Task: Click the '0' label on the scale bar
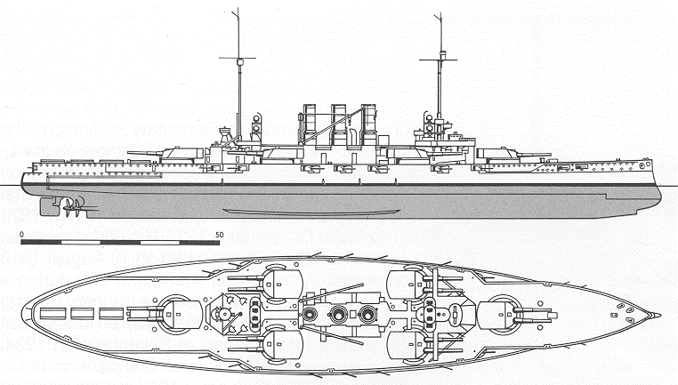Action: coord(22,235)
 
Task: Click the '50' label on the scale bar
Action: coord(220,235)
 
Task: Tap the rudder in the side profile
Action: coord(46,206)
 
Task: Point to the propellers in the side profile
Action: coord(74,208)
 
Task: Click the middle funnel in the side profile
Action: coord(339,124)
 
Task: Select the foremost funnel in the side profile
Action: coord(368,124)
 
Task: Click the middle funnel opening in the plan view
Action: coord(338,314)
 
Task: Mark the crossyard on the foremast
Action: coord(438,60)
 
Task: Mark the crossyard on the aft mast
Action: coord(237,58)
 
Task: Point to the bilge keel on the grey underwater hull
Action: coord(311,213)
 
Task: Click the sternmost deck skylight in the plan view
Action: coord(52,313)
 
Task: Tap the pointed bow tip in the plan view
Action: coord(660,315)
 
